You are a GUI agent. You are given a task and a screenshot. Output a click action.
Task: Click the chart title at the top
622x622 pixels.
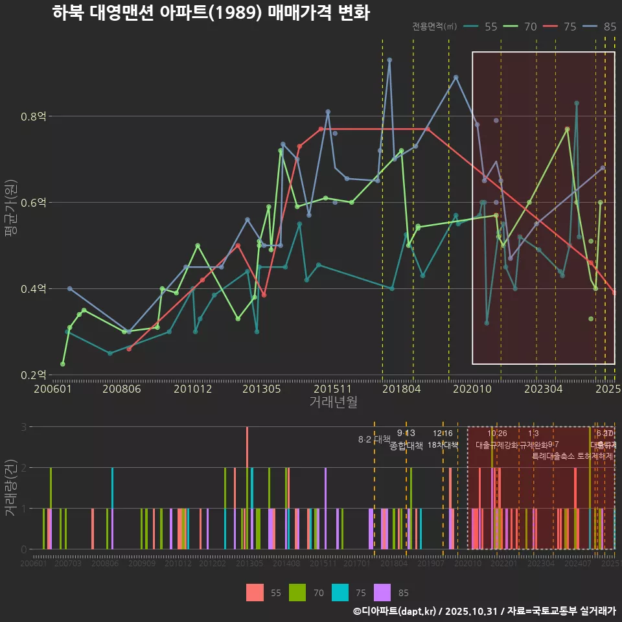point(211,13)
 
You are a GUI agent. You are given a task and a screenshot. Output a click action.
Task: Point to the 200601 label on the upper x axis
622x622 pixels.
point(52,389)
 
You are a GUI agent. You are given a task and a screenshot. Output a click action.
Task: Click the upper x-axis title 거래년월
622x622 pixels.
point(333,402)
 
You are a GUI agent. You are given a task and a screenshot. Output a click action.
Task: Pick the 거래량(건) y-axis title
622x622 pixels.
point(10,487)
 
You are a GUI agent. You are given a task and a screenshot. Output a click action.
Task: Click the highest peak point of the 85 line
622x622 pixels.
point(389,60)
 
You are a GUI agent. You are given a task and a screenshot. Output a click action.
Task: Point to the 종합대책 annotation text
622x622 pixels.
point(406,445)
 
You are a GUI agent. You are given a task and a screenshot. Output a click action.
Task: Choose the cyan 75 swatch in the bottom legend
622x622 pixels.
point(340,592)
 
